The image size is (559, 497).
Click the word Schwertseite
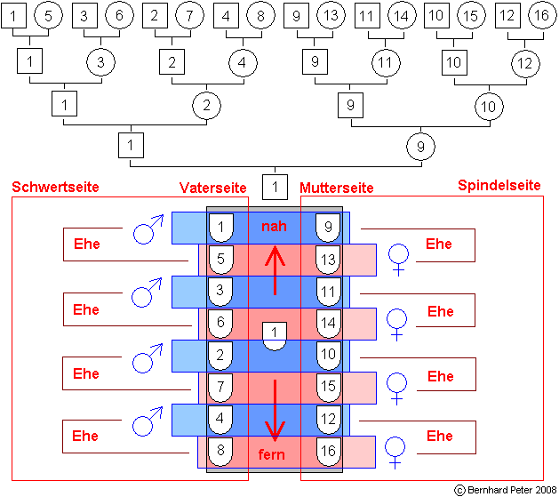(54, 187)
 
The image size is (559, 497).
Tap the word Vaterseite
(212, 188)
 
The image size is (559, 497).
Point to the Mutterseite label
(336, 188)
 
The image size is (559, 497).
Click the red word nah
(274, 227)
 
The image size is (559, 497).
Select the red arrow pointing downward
(276, 409)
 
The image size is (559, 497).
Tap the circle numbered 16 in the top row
(539, 15)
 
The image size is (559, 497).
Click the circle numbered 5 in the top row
(50, 15)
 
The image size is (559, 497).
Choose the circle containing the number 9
(421, 144)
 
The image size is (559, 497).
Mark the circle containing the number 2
(206, 105)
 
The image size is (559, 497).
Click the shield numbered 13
(329, 260)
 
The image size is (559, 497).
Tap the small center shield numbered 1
(275, 334)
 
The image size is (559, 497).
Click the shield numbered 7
(220, 387)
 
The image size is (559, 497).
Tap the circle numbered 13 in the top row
(329, 15)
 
